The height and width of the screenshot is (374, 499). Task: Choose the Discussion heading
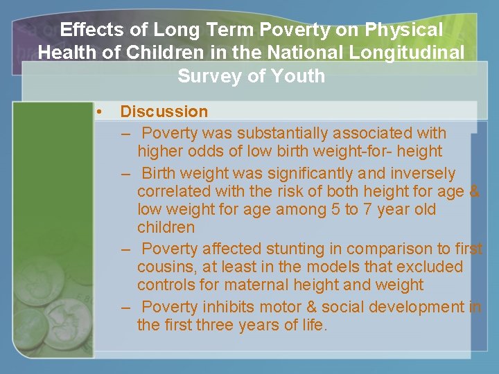164,112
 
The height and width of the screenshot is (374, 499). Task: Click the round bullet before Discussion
100,112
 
